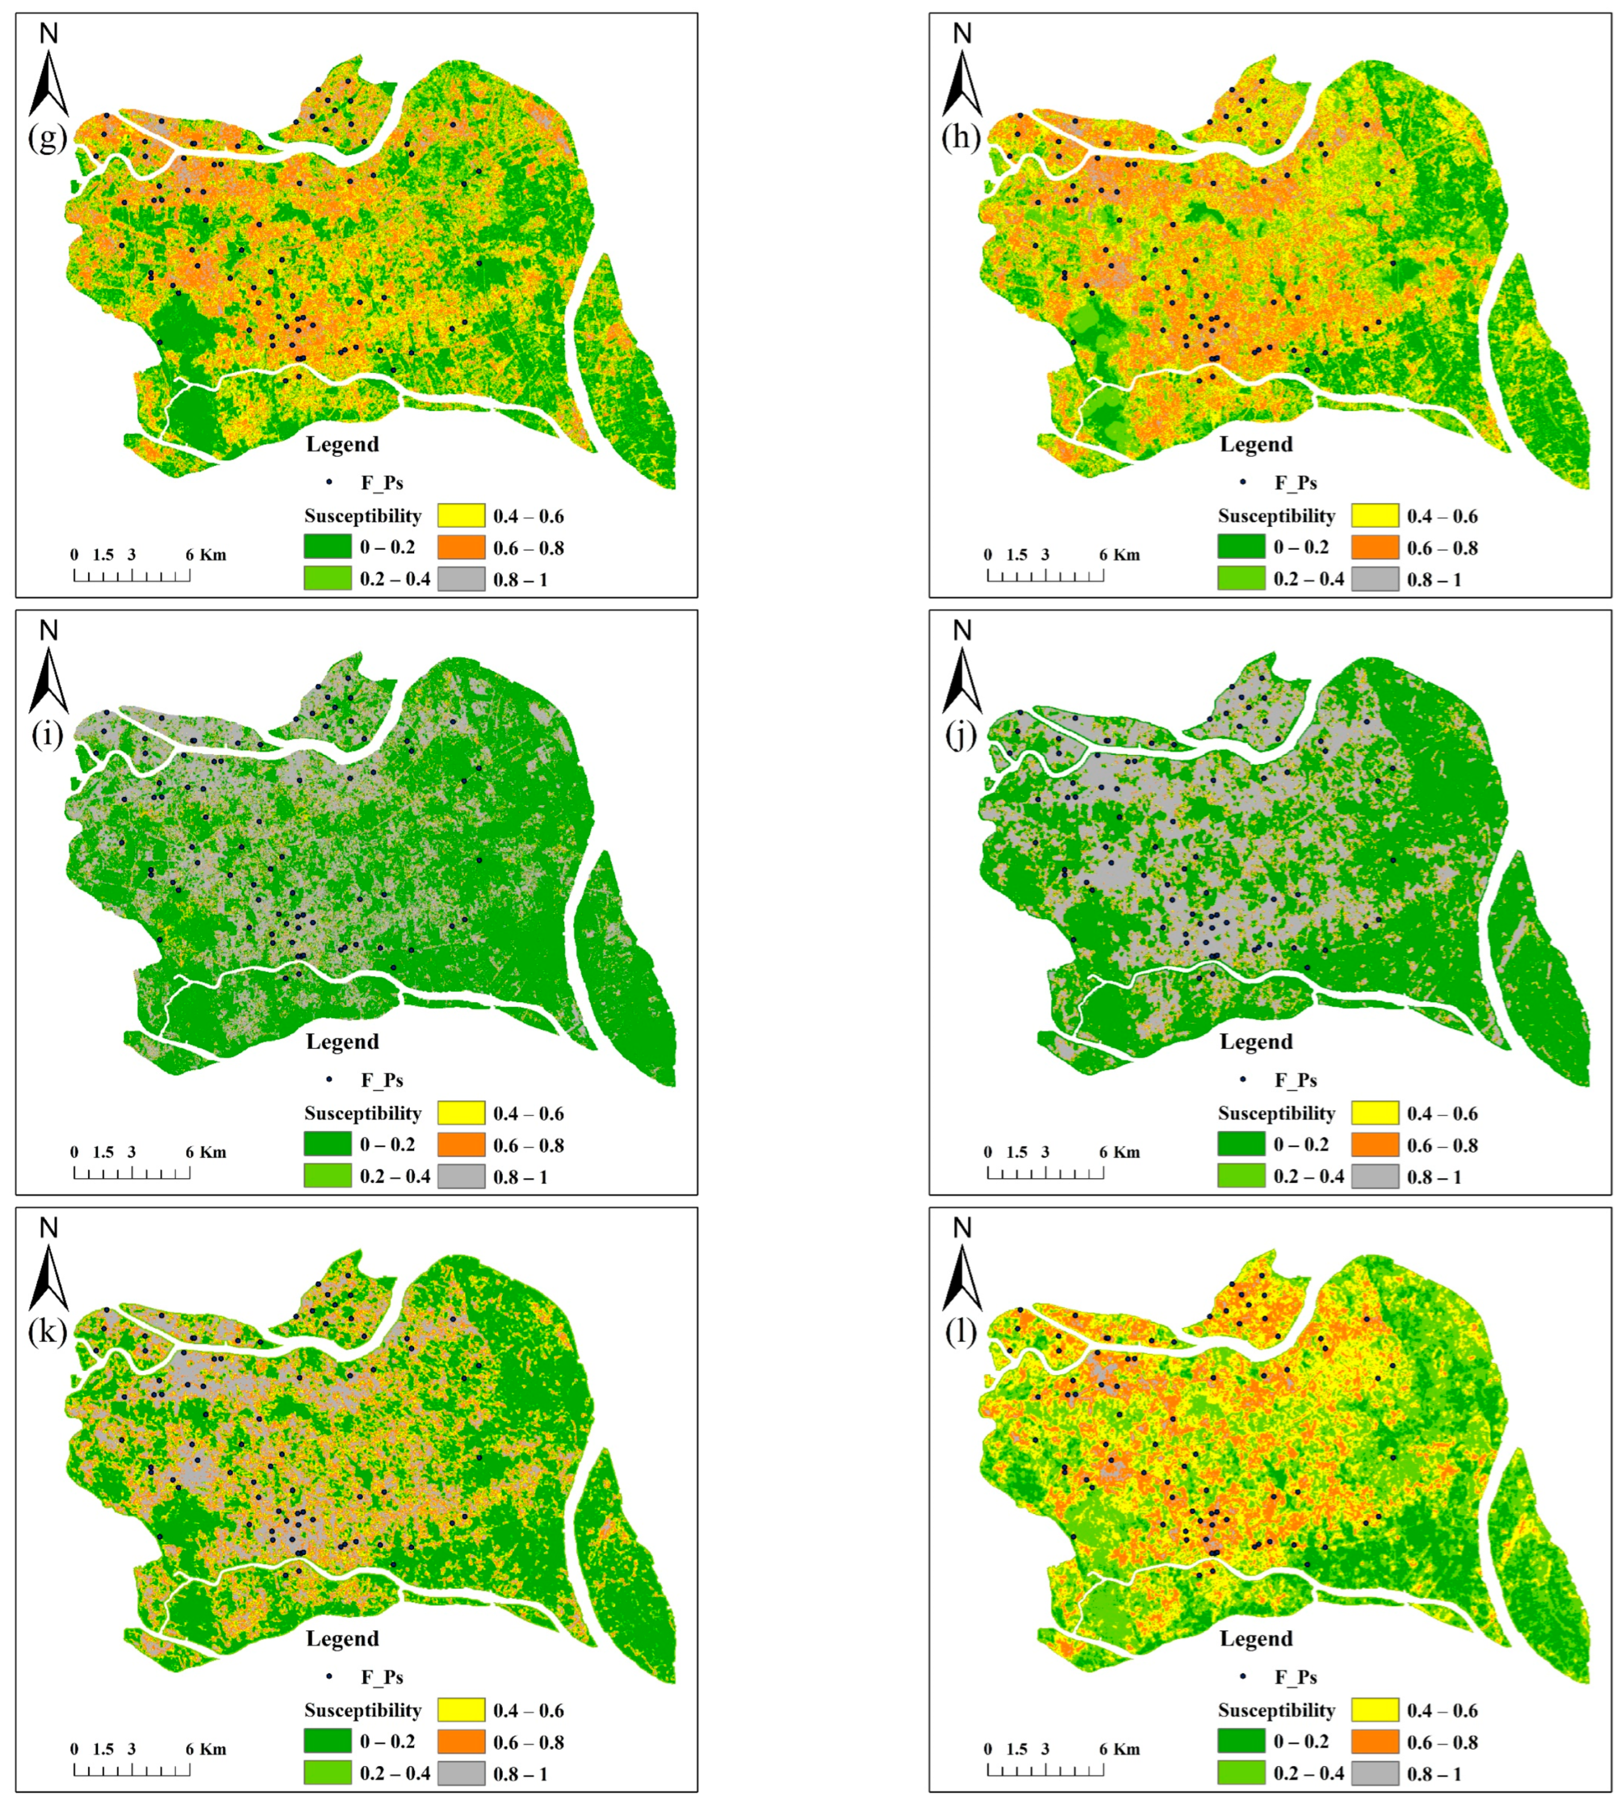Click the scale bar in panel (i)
click(x=132, y=1172)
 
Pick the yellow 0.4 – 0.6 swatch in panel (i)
click(x=461, y=1113)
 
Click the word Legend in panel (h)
click(x=1256, y=444)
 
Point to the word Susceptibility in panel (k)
click(x=362, y=1710)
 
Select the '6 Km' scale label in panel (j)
click(x=1119, y=1152)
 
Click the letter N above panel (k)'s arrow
click(x=49, y=1228)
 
